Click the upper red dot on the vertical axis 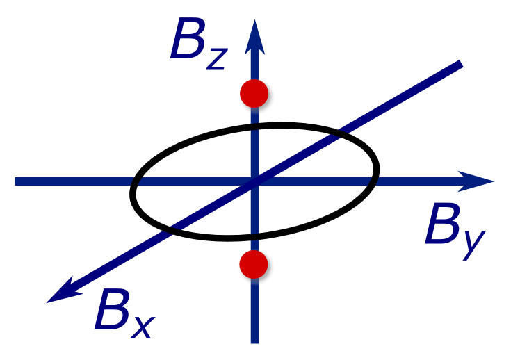(x=254, y=93)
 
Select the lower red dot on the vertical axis (x=253, y=264)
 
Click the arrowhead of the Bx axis (x=61, y=293)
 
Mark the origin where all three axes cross (x=254, y=181)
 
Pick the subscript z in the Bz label (x=216, y=58)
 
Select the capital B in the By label (x=443, y=226)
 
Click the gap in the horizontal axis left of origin (x=136, y=181)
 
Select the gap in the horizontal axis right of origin (x=373, y=181)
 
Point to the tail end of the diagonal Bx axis (x=460, y=64)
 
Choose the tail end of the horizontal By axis (x=17, y=181)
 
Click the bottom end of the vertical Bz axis (x=254, y=341)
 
